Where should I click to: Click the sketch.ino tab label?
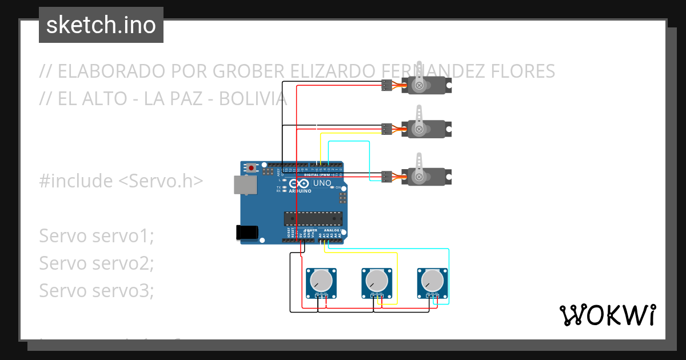[101, 25]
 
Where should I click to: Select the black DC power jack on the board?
[246, 231]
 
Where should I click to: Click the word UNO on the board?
[322, 183]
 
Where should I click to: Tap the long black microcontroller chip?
[313, 218]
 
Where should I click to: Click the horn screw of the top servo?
[420, 86]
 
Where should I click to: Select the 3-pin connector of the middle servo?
[386, 129]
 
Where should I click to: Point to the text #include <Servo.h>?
[121, 181]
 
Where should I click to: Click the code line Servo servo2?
[97, 263]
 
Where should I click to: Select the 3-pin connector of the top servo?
[386, 86]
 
